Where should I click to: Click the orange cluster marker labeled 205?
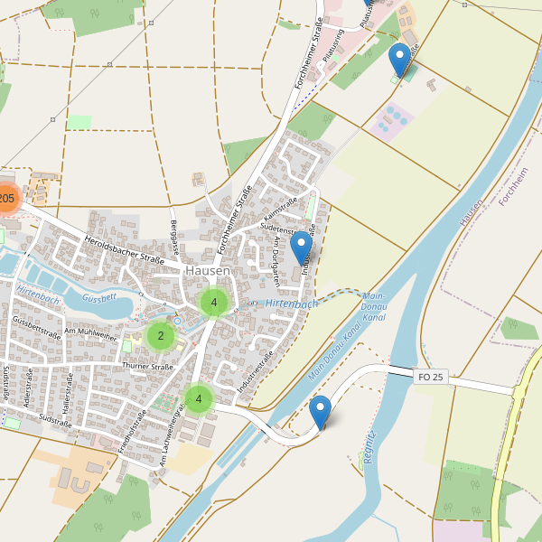click(x=6, y=198)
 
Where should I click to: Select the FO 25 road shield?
click(x=432, y=376)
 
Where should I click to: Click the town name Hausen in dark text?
click(x=209, y=270)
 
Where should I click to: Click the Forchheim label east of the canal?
click(x=525, y=185)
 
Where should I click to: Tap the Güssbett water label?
click(x=98, y=297)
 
